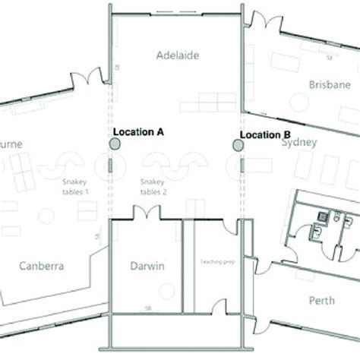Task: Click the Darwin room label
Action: [x=147, y=265]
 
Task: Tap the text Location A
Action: [x=138, y=131]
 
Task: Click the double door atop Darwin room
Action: [x=145, y=212]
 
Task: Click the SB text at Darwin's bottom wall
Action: [x=147, y=307]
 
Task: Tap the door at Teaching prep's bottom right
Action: [x=221, y=305]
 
